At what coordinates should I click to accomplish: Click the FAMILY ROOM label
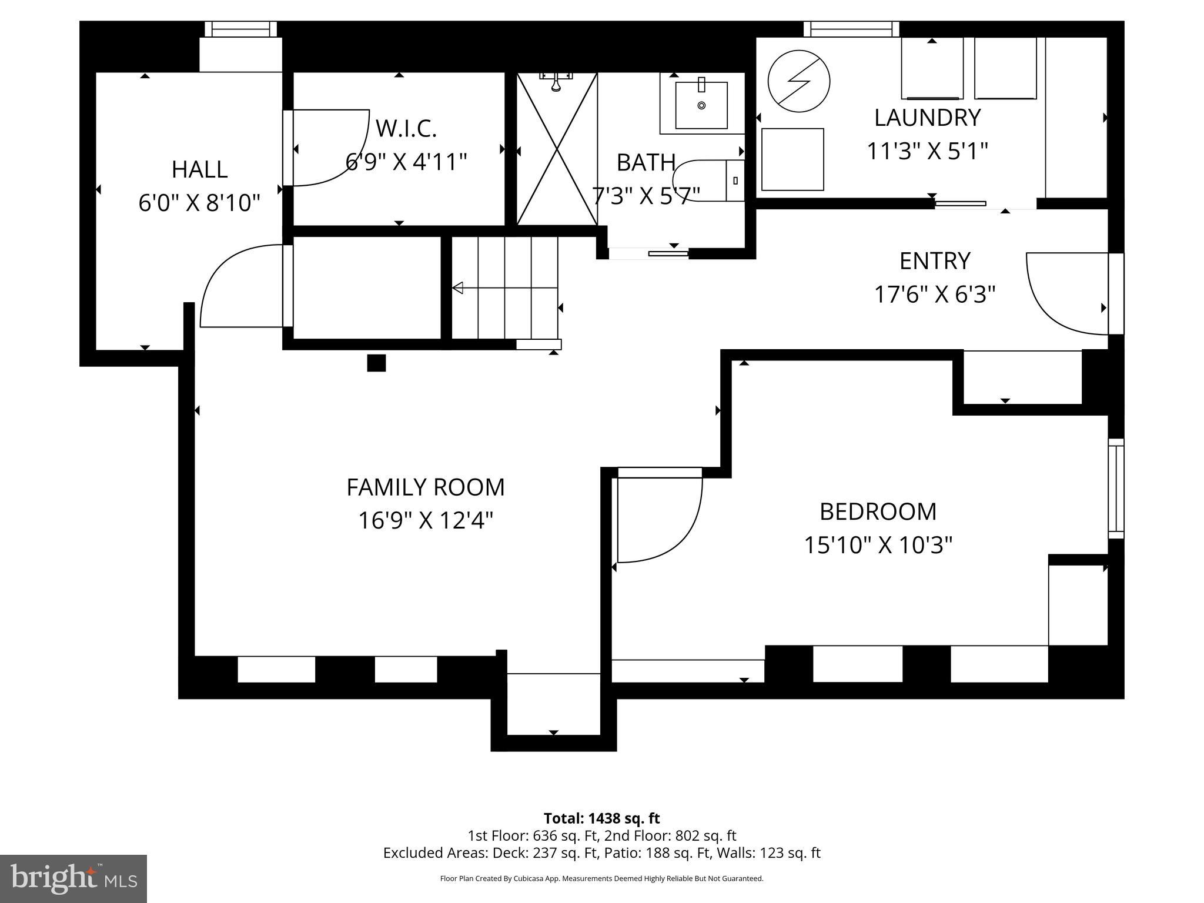pyautogui.click(x=426, y=487)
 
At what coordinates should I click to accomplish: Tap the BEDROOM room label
pyautogui.click(x=878, y=511)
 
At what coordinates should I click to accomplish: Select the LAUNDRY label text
pyautogui.click(x=928, y=118)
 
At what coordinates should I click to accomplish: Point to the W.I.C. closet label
pyautogui.click(x=406, y=128)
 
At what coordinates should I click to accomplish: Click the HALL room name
pyautogui.click(x=199, y=169)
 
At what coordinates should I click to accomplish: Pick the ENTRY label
pyautogui.click(x=935, y=261)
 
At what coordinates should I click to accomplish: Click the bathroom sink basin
pyautogui.click(x=701, y=105)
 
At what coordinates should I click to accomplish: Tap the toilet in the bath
pyautogui.click(x=709, y=180)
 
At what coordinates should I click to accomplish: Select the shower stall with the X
pyautogui.click(x=557, y=149)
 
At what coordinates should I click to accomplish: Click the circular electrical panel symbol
pyautogui.click(x=799, y=81)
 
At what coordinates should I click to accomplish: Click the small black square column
pyautogui.click(x=376, y=363)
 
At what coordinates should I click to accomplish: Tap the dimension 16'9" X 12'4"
pyautogui.click(x=426, y=520)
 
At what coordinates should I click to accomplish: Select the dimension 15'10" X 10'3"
pyautogui.click(x=878, y=545)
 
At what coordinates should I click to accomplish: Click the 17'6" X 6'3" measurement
pyautogui.click(x=935, y=294)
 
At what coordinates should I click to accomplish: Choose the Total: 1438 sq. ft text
pyautogui.click(x=601, y=818)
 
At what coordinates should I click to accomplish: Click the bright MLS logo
pyautogui.click(x=73, y=879)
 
